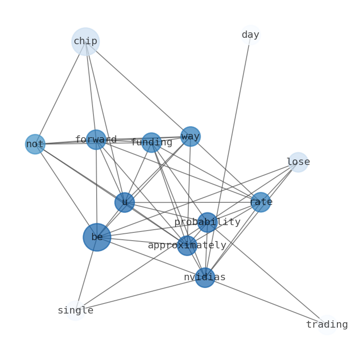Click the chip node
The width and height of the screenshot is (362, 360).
coord(85,41)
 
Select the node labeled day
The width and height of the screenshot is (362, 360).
coord(250,35)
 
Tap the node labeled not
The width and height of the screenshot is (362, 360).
coord(35,144)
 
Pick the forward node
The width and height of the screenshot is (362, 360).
coord(96,139)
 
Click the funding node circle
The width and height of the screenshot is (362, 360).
coord(151,142)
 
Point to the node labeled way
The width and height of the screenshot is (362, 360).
coord(190,136)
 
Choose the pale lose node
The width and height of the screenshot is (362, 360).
coord(298,162)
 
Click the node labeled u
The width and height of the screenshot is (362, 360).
coord(124,202)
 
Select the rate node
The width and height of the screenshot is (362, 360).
coord(261,202)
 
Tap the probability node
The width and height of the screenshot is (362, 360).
coord(207,222)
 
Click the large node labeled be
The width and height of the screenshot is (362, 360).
coord(97,237)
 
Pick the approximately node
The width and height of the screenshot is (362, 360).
coord(187,245)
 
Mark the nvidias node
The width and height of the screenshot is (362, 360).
coord(205,277)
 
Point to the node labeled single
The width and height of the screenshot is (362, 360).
coord(75,310)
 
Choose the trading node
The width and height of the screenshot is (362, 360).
coord(327,324)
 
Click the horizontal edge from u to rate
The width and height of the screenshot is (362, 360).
coord(191,202)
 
